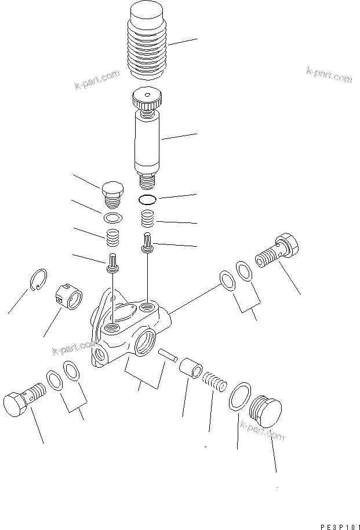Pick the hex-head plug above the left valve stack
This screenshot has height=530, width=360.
pyautogui.click(x=113, y=192)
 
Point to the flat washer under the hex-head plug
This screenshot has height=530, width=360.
pyautogui.click(x=114, y=218)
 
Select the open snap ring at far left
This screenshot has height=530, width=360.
pyautogui.click(x=38, y=279)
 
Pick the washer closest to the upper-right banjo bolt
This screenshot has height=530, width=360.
pyautogui.click(x=244, y=271)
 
